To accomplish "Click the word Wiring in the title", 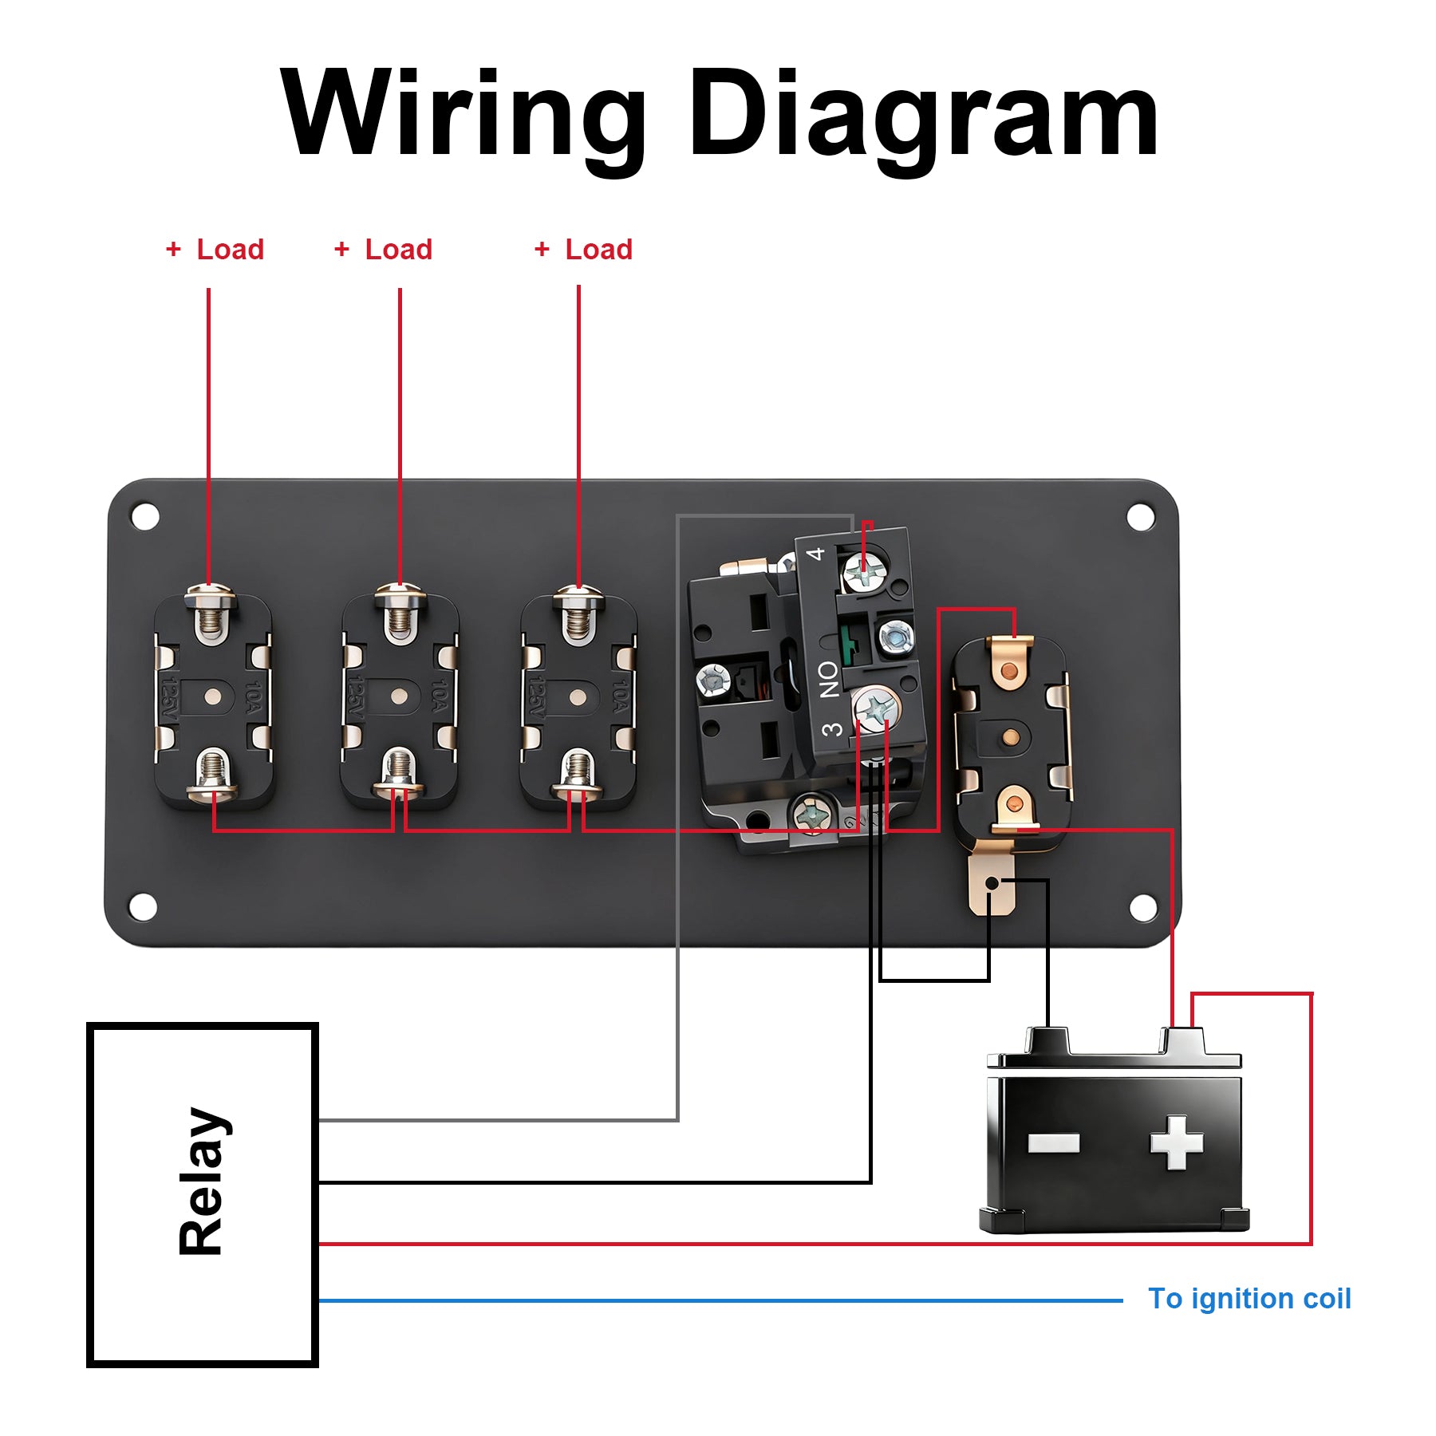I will point(463,113).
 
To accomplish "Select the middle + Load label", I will point(384,250).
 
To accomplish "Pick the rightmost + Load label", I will point(584,250).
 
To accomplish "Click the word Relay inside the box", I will point(203,1182).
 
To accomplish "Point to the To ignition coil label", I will point(1249,1299).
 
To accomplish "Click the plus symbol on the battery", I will point(1176,1143).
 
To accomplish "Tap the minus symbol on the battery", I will point(1053,1143).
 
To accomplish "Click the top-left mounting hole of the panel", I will point(145,516).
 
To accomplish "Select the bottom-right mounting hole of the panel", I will point(1143,907).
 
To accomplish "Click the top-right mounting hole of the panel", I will point(1141,516).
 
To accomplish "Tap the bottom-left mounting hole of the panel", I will point(143,907).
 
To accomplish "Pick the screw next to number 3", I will point(877,708).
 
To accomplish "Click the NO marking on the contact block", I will point(829,679).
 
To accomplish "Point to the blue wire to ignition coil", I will point(718,1300).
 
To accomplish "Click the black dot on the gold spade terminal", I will point(991,883).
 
